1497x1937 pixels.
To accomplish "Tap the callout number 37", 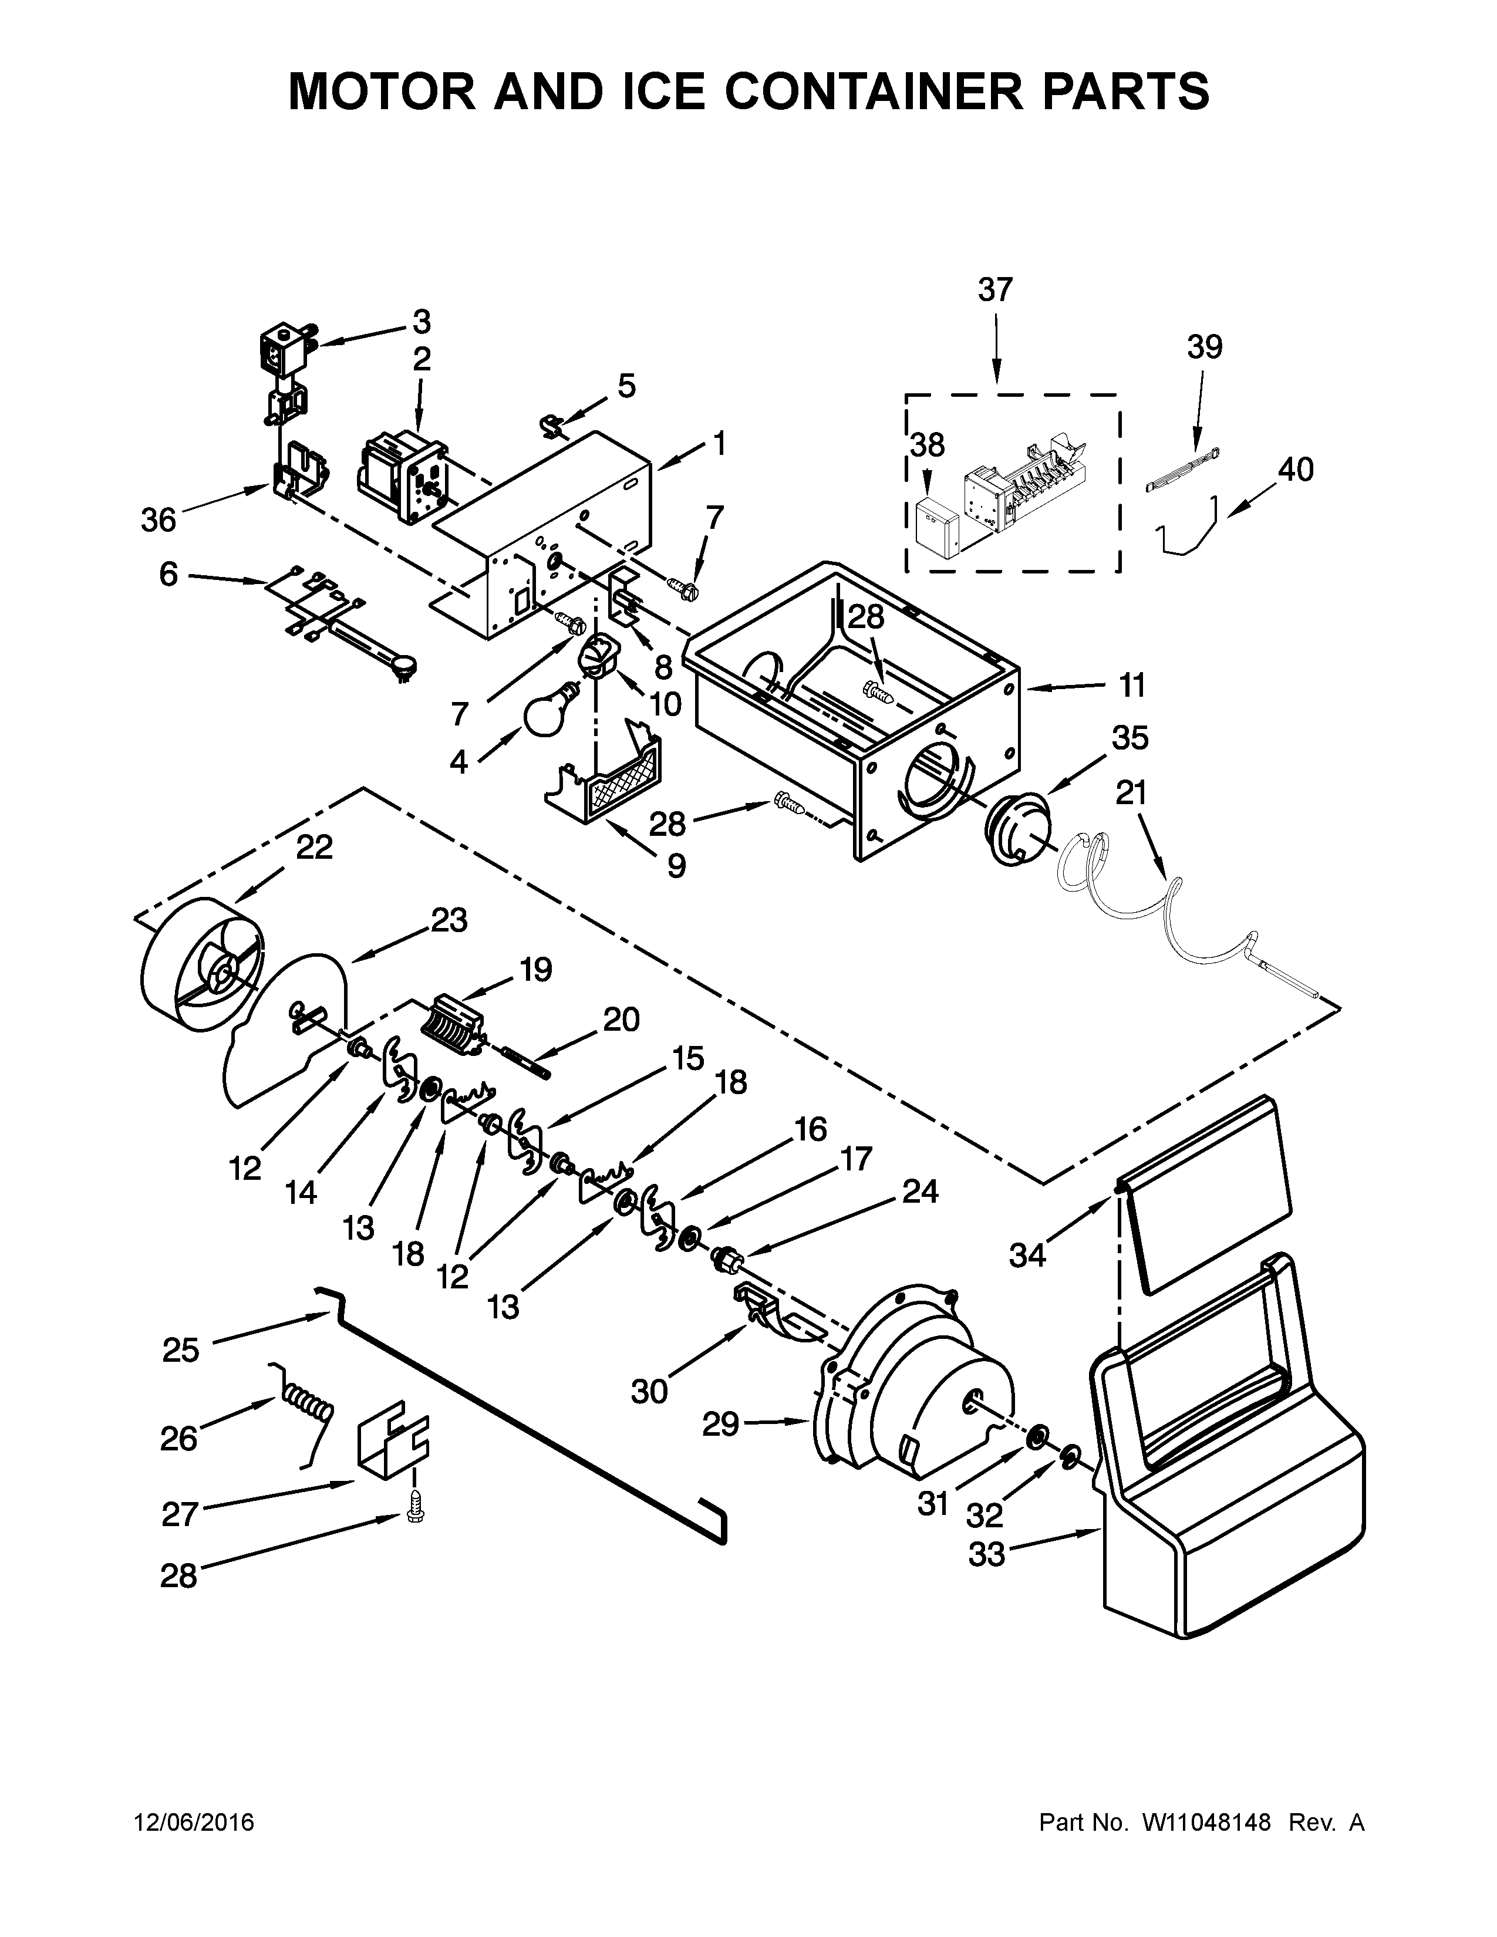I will (x=995, y=290).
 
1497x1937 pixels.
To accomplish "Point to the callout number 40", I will (x=1295, y=469).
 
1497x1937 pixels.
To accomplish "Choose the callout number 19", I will (x=535, y=970).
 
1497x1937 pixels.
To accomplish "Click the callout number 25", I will (x=181, y=1350).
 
